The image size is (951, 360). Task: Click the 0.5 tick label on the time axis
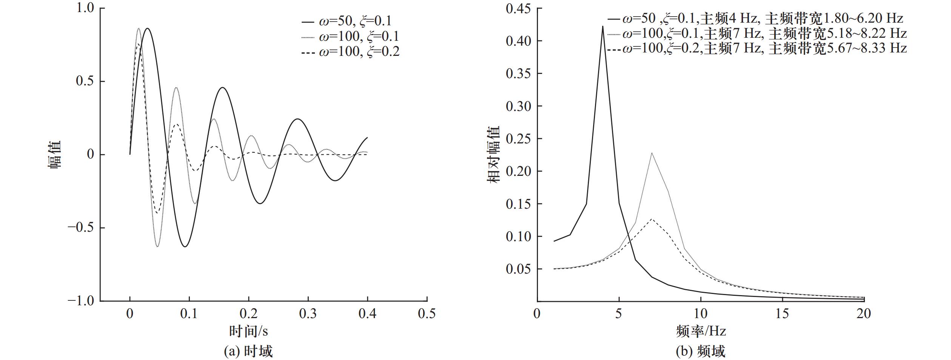coord(427,314)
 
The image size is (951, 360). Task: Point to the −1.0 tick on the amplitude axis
coord(81,301)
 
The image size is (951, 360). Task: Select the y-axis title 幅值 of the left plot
coord(55,155)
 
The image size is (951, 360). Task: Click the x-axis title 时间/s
coord(248,331)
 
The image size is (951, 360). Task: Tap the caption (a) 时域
coord(248,351)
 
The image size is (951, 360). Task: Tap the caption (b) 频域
coord(700,351)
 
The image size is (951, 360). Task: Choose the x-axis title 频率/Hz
coord(701,331)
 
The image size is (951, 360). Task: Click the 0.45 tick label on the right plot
coord(518,8)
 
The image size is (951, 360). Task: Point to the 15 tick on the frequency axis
coord(782,314)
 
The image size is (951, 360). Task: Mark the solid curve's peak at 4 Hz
coord(603,26)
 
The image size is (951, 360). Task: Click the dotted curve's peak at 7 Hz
coord(652,153)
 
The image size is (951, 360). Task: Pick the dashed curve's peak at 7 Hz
coord(652,218)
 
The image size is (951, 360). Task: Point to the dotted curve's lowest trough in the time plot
coord(157,246)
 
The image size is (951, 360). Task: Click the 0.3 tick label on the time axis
coord(308,314)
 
